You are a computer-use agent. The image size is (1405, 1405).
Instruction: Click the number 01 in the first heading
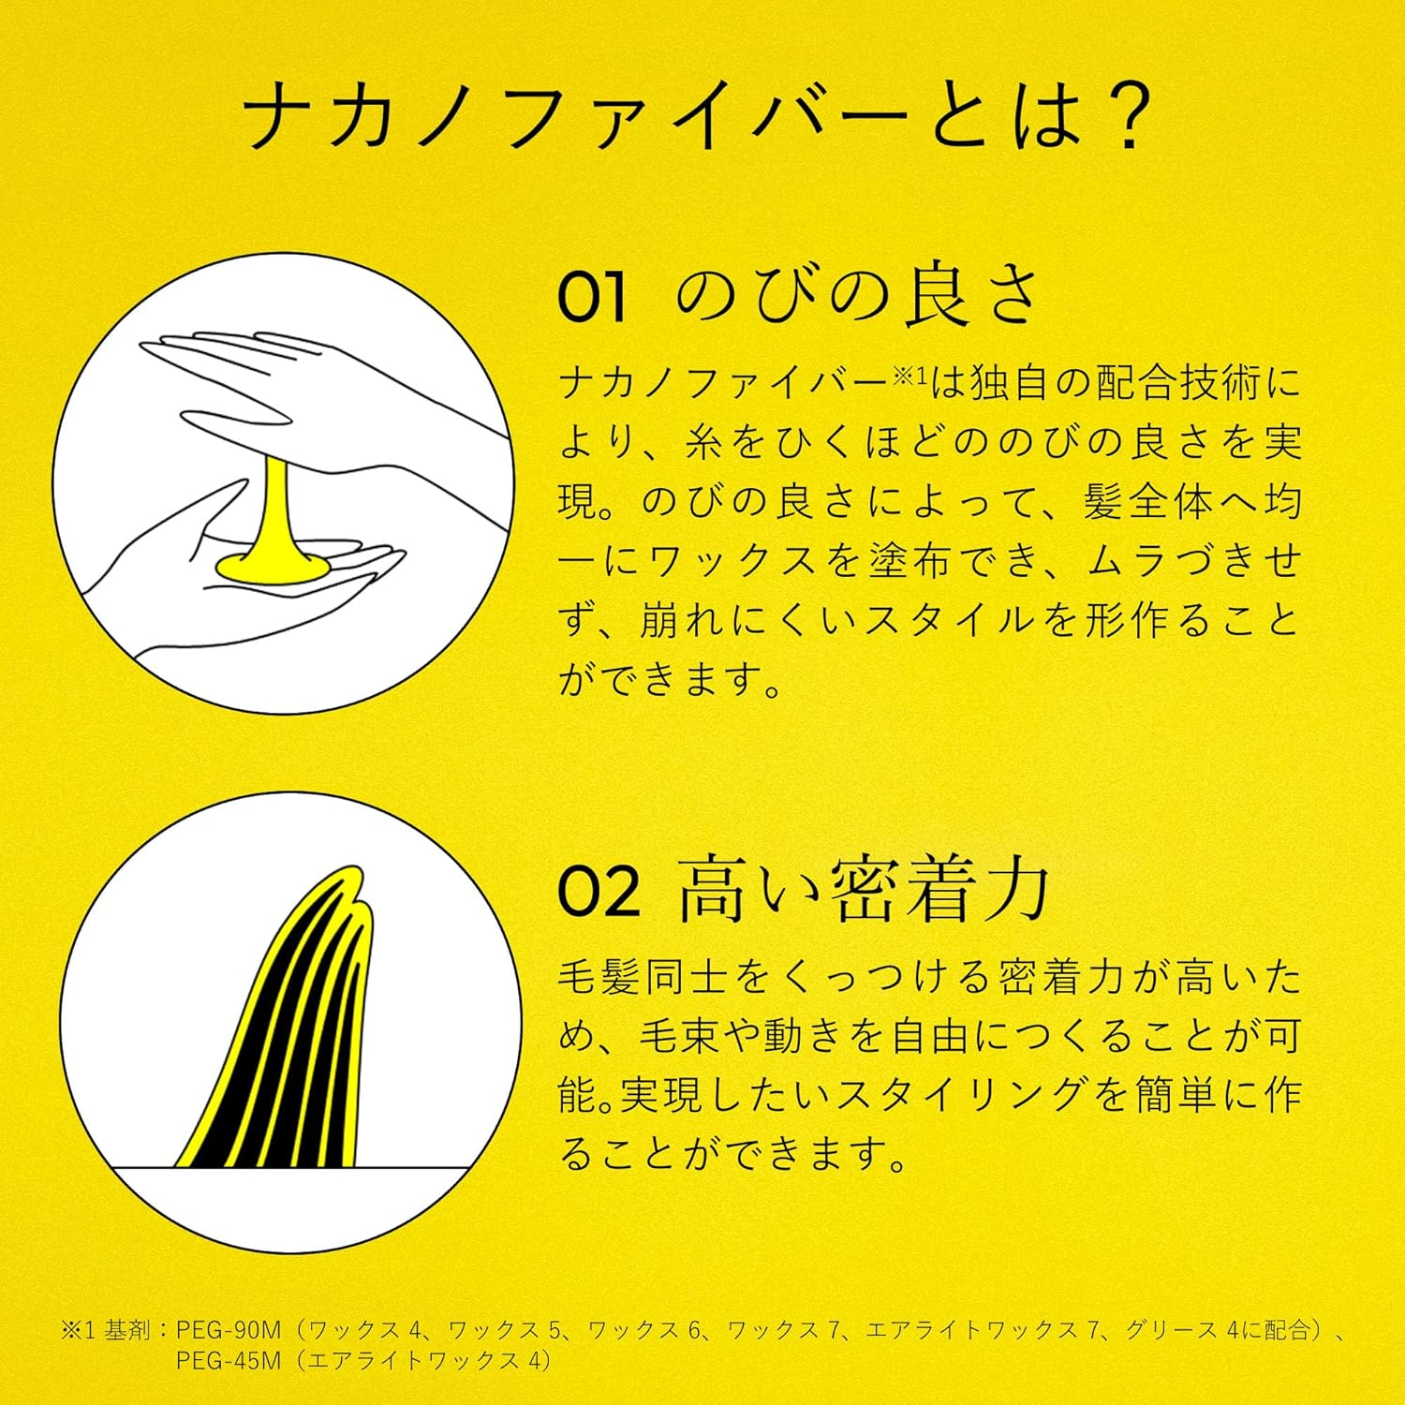point(591,299)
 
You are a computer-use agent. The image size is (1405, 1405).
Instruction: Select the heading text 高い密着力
point(863,890)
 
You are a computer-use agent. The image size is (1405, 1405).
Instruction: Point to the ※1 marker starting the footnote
point(80,1330)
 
